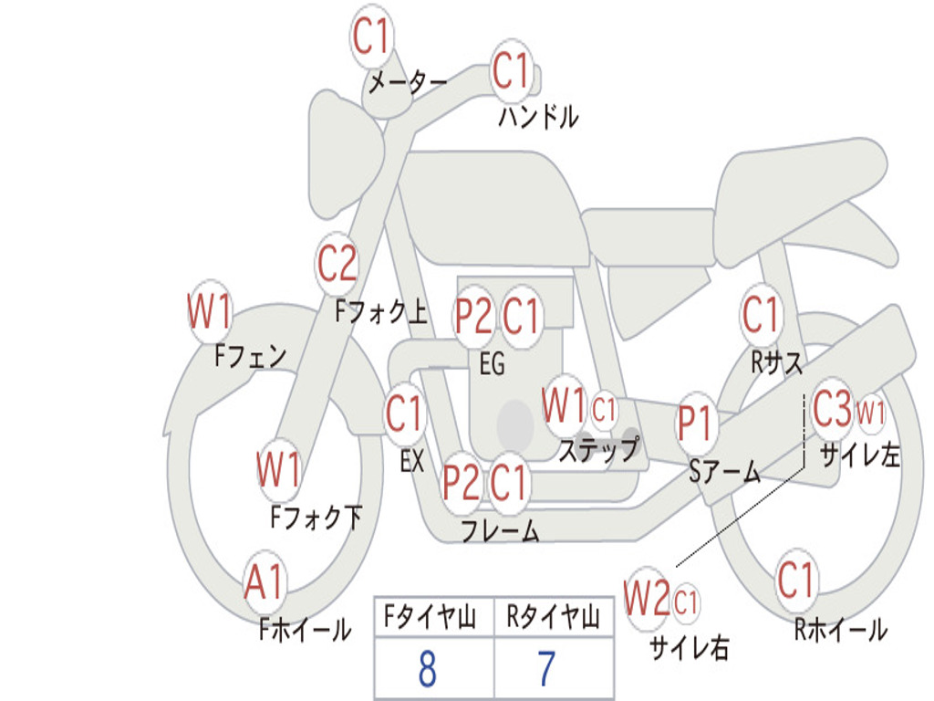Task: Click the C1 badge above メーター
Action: click(x=372, y=38)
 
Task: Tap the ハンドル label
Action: click(x=538, y=117)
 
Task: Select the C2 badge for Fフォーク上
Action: click(x=337, y=264)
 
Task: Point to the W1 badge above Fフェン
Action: click(x=210, y=312)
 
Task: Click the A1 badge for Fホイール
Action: click(x=265, y=582)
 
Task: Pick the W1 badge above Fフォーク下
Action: click(x=279, y=471)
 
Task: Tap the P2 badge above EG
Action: click(x=474, y=317)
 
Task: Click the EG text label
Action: click(x=492, y=364)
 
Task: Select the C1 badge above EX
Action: click(x=405, y=415)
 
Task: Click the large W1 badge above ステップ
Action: click(x=564, y=406)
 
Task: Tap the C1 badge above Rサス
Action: click(x=761, y=315)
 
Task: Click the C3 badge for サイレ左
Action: click(x=831, y=410)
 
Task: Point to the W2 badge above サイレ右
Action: click(x=647, y=600)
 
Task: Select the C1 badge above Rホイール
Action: click(x=796, y=580)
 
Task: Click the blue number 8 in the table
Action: click(x=427, y=669)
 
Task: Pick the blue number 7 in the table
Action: click(x=546, y=669)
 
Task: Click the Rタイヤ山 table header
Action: click(x=553, y=619)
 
